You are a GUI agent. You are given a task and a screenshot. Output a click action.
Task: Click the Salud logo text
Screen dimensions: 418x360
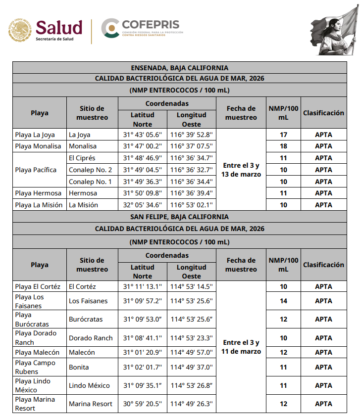(x=59, y=27)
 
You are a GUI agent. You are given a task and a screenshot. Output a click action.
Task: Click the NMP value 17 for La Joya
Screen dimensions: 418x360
(x=284, y=135)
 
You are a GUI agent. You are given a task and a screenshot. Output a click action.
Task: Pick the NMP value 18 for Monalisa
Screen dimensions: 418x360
(x=284, y=146)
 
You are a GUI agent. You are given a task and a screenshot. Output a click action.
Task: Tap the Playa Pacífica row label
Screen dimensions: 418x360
(x=36, y=170)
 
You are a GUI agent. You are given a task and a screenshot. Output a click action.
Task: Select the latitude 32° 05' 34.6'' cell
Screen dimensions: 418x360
(x=142, y=205)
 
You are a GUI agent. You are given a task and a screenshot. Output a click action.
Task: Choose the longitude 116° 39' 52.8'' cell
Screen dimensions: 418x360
(x=191, y=135)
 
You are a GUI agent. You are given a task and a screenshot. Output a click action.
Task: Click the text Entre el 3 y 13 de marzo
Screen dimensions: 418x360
(x=241, y=170)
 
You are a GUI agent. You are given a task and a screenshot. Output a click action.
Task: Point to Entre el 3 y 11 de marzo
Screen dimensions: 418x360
(x=241, y=347)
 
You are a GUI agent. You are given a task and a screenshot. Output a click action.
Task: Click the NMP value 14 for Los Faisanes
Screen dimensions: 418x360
(x=284, y=301)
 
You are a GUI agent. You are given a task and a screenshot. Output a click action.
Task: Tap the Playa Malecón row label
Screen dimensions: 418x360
(x=37, y=353)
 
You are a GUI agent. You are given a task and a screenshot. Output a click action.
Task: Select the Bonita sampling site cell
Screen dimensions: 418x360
(x=79, y=367)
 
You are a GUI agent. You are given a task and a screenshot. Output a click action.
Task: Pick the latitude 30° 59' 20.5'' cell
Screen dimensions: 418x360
(x=142, y=404)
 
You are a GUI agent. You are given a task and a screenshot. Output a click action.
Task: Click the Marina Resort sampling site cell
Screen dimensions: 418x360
(x=91, y=404)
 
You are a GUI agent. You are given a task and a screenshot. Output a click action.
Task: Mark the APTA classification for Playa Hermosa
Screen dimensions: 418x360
(x=323, y=193)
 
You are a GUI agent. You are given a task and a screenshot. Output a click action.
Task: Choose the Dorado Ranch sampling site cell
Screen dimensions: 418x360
(x=91, y=338)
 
